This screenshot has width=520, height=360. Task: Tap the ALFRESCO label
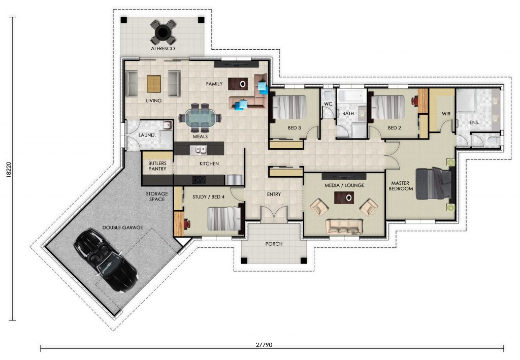(x=163, y=48)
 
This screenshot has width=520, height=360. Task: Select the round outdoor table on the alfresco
(x=163, y=32)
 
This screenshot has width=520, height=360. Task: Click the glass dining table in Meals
(x=200, y=118)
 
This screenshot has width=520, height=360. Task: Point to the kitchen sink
(x=199, y=150)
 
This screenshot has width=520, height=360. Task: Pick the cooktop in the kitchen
(x=199, y=180)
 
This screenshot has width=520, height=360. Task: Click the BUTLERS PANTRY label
(x=157, y=166)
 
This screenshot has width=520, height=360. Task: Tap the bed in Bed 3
(x=288, y=107)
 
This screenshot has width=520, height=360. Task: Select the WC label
(x=328, y=104)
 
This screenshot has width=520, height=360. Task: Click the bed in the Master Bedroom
(x=434, y=184)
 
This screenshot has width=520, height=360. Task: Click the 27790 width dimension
(x=264, y=345)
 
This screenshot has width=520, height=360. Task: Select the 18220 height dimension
(x=9, y=170)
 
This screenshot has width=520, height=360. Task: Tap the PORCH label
(x=274, y=244)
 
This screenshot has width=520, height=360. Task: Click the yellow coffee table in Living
(x=154, y=84)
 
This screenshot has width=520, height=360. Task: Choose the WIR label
(x=446, y=114)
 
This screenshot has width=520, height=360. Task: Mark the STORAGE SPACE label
(x=157, y=196)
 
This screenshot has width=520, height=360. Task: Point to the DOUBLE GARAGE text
(x=123, y=227)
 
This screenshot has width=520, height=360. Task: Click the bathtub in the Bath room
(x=351, y=96)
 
